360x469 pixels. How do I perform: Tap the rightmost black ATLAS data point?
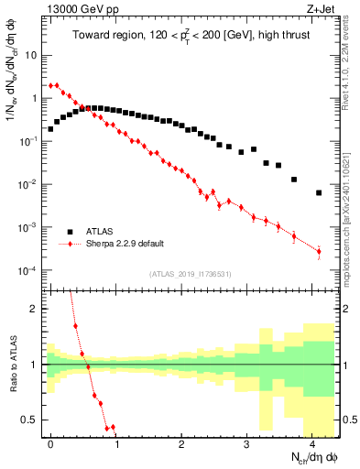click(318, 193)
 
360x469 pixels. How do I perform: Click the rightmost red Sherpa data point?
click(319, 251)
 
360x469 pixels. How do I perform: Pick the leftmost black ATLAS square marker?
click(50, 129)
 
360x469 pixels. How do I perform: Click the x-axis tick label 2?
click(181, 442)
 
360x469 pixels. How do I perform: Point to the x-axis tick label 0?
click(50, 442)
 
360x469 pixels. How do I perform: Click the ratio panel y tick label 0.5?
click(30, 420)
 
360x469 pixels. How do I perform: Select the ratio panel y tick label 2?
click(35, 309)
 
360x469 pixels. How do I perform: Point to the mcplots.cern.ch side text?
click(353, 211)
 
